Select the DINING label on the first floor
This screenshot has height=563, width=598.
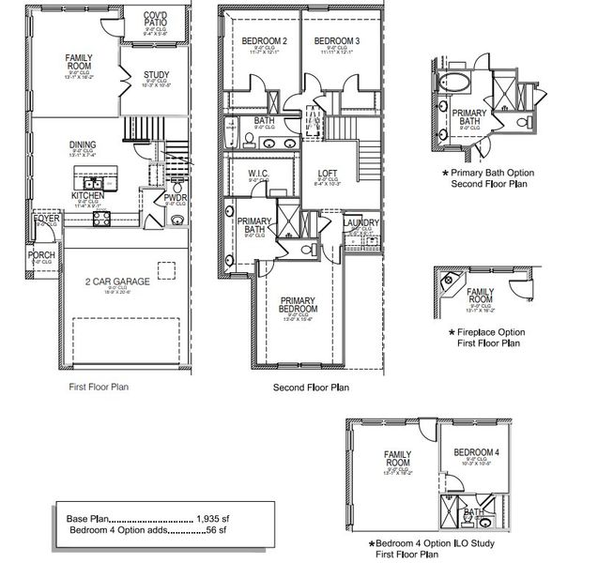[x=82, y=145]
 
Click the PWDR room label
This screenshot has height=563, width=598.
[x=175, y=198]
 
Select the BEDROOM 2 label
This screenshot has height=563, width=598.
[x=264, y=41]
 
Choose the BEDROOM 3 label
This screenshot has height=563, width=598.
[x=336, y=41]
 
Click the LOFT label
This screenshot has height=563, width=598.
[x=327, y=173]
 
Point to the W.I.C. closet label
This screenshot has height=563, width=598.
[x=259, y=175]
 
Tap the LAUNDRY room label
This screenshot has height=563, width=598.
[x=361, y=223]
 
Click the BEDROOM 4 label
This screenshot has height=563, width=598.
[x=477, y=452]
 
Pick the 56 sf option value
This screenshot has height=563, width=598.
[x=218, y=530]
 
